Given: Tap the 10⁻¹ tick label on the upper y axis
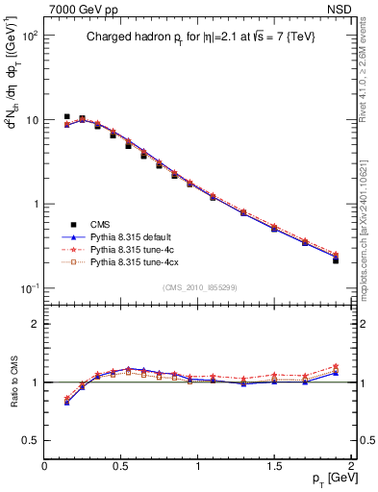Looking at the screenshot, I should click(28, 289).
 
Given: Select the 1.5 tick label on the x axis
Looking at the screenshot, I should click(275, 466).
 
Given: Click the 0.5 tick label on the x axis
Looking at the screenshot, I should click(122, 466).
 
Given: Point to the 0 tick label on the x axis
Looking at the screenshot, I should click(45, 466).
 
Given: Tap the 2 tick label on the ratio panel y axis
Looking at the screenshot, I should click(36, 324).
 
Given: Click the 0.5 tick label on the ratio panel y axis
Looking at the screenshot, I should click(31, 440).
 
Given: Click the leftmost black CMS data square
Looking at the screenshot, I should click(66, 117).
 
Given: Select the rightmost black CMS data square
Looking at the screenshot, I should click(336, 260).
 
